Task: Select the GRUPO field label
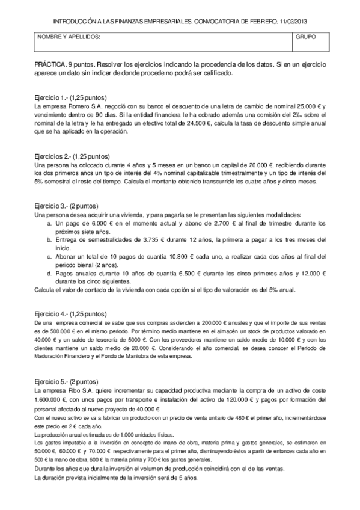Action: click(x=305, y=37)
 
